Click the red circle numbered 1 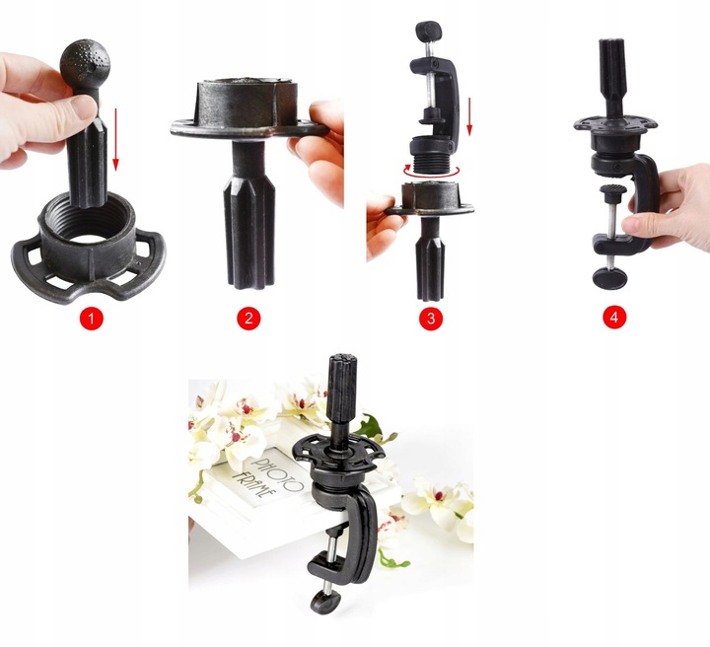[92, 319]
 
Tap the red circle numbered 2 [248, 319]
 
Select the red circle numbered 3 [431, 319]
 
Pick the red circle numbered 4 [614, 317]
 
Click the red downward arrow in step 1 [116, 139]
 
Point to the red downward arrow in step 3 [469, 116]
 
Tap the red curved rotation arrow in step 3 [432, 172]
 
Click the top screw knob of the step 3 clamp [428, 31]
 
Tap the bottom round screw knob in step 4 [609, 277]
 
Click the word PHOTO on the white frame [276, 474]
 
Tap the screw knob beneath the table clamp [325, 602]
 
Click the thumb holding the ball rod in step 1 [77, 108]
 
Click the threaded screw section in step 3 [431, 161]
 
